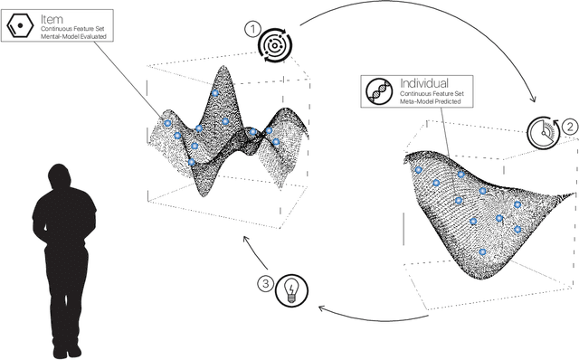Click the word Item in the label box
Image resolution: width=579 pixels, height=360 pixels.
pos(52,19)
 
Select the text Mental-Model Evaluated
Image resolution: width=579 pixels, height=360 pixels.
pos(73,36)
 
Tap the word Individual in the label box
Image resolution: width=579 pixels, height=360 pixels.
pos(424,82)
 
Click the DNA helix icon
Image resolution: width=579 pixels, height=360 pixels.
pos(379,91)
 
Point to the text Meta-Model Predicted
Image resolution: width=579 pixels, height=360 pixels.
pos(431,101)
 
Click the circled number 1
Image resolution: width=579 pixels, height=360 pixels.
pos(252,29)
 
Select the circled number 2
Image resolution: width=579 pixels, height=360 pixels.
pos(570,127)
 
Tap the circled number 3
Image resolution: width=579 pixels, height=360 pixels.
pos(265,284)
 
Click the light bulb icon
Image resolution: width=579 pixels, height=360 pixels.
pos(291,290)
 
